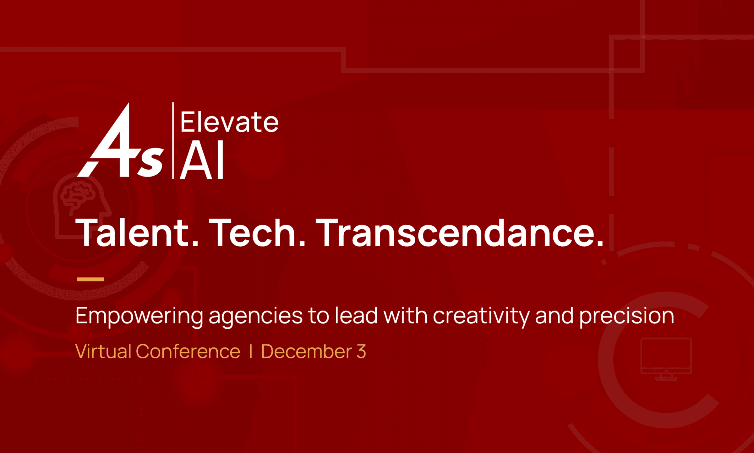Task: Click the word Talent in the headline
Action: tap(137, 233)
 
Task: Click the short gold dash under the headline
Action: tap(90, 279)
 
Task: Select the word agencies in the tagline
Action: tap(255, 316)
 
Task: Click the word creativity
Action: tap(481, 316)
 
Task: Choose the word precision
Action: tap(627, 316)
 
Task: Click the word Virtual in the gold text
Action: tap(103, 351)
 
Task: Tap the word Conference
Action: tap(188, 351)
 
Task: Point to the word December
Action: tap(306, 351)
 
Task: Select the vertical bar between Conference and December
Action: tap(251, 351)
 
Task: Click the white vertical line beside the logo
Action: tap(173, 141)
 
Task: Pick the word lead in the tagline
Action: tap(356, 316)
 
